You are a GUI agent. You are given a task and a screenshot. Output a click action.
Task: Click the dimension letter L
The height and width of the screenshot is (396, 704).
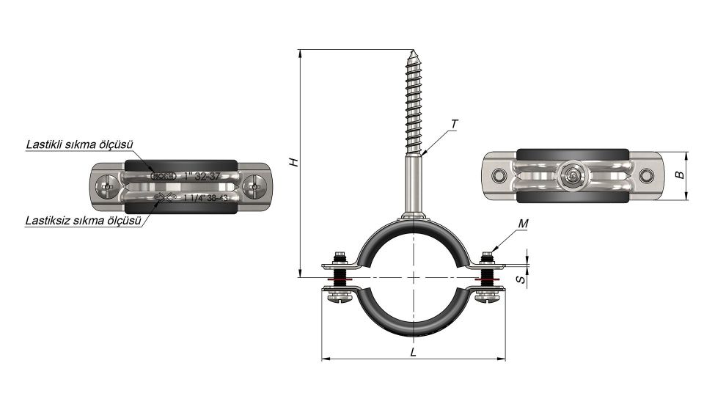414,352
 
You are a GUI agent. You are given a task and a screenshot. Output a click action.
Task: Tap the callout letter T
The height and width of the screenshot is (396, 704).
455,124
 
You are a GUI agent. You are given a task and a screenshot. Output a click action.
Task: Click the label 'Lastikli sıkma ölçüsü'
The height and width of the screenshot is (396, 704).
74,144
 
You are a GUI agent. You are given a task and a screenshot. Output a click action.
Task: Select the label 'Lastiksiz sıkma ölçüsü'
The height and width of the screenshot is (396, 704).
82,219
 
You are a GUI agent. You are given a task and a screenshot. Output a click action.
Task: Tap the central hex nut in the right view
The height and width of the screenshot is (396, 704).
572,176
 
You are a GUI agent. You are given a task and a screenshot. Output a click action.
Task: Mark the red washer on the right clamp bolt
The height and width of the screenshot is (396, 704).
485,280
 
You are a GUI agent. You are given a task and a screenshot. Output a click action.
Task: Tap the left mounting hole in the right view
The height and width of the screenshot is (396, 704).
499,176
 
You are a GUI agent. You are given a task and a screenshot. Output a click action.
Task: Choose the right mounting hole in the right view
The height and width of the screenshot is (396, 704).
645,176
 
